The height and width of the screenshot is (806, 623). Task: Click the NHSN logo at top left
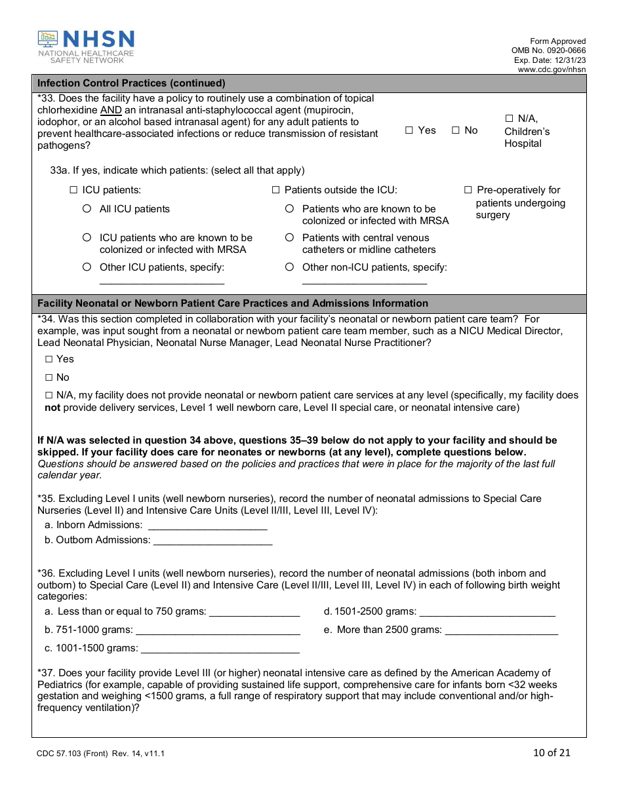(86, 47)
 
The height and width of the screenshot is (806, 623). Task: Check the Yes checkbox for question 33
(409, 130)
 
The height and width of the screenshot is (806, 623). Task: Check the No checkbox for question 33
(456, 130)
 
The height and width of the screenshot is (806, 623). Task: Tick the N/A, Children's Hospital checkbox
(509, 119)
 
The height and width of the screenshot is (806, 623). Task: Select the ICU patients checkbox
(73, 190)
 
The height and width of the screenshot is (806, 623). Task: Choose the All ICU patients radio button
(87, 209)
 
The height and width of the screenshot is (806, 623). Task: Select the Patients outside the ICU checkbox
(276, 190)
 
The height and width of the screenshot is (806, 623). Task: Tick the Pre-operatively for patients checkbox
(468, 190)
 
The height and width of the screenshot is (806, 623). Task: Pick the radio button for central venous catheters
(289, 238)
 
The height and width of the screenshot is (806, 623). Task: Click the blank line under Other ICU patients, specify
(161, 281)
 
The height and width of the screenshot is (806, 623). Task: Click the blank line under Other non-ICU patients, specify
(364, 281)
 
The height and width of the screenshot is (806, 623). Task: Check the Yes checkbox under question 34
(49, 359)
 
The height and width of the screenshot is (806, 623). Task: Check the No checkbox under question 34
(49, 377)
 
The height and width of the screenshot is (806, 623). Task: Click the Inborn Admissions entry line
(207, 526)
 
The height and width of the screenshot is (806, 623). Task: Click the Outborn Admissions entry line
(212, 541)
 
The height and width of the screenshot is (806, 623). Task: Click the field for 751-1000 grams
(218, 630)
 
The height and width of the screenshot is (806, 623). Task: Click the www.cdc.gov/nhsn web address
(552, 69)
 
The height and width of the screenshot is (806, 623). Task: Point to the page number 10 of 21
(552, 752)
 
